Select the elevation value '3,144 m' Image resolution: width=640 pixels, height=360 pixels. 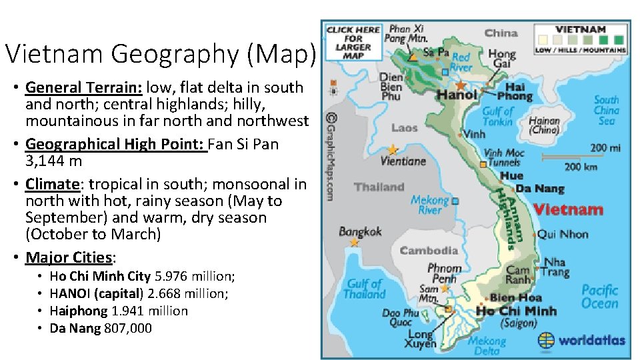point(53,161)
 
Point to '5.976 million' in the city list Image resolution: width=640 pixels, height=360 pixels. point(195,276)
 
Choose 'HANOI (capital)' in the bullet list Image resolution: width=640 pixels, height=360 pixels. point(97,293)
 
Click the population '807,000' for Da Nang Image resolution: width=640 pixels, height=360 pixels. point(128,328)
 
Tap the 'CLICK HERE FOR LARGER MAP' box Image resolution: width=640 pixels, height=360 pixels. point(353,41)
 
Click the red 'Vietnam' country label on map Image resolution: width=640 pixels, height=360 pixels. point(568,209)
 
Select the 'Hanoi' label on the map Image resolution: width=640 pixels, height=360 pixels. point(457,95)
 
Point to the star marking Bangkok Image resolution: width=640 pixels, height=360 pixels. point(354,243)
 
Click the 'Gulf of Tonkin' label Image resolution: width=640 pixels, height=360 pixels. point(497,116)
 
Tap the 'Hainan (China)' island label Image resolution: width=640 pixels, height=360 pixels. point(544,125)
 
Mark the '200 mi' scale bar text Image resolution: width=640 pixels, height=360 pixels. point(607,147)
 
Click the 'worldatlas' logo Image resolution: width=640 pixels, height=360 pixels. point(582,340)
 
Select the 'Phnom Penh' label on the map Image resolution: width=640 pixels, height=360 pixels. point(444,273)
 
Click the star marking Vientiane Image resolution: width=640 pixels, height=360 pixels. point(393,149)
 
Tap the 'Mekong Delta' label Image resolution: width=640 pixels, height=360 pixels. point(487,345)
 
